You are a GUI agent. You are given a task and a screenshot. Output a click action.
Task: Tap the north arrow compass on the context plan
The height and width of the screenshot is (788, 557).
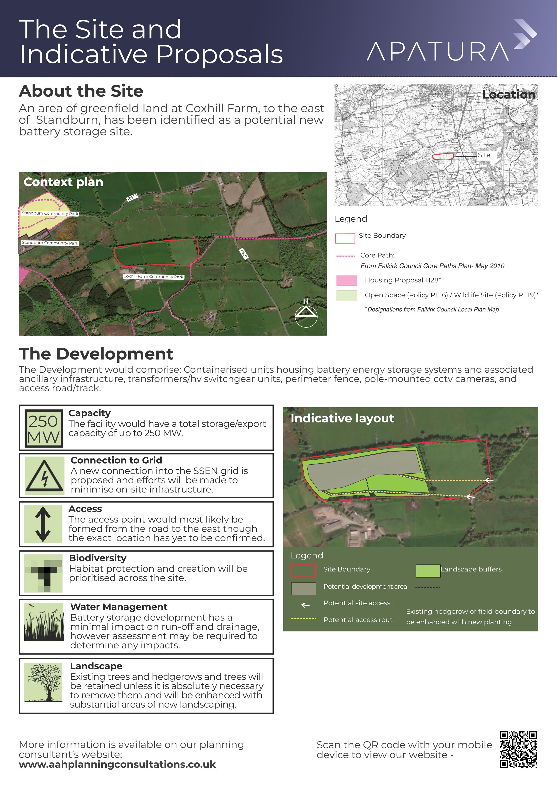pos(306,314)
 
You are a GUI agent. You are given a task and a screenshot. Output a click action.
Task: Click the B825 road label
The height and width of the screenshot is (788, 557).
pos(132,198)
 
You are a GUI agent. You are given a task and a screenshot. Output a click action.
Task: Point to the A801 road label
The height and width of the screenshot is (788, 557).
pos(243,254)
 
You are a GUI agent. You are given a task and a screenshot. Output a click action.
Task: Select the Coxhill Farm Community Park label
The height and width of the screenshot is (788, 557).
pos(153,277)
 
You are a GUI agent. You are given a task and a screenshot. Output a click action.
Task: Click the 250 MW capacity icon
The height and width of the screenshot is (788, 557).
pos(44,428)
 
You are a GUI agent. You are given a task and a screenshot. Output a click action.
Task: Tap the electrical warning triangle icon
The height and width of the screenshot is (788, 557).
pos(44,476)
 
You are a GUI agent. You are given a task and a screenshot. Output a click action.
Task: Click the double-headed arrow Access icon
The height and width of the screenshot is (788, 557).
pos(43,524)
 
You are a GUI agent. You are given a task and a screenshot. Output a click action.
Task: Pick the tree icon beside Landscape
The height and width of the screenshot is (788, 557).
pos(44,683)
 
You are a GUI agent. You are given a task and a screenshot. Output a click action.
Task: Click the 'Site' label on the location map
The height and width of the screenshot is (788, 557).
pos(484,155)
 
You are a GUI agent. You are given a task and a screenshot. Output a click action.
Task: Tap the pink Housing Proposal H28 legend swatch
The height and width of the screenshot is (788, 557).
pos(347,280)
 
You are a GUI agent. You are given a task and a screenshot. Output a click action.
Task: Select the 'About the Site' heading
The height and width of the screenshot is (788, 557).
pos(81,91)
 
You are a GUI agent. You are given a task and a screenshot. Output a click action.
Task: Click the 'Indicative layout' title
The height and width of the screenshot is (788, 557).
pos(342,418)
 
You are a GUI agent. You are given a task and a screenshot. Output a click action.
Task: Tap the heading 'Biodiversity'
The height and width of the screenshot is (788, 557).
pos(97,558)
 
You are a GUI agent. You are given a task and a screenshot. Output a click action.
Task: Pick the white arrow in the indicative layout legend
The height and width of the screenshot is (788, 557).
pos(305,605)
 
